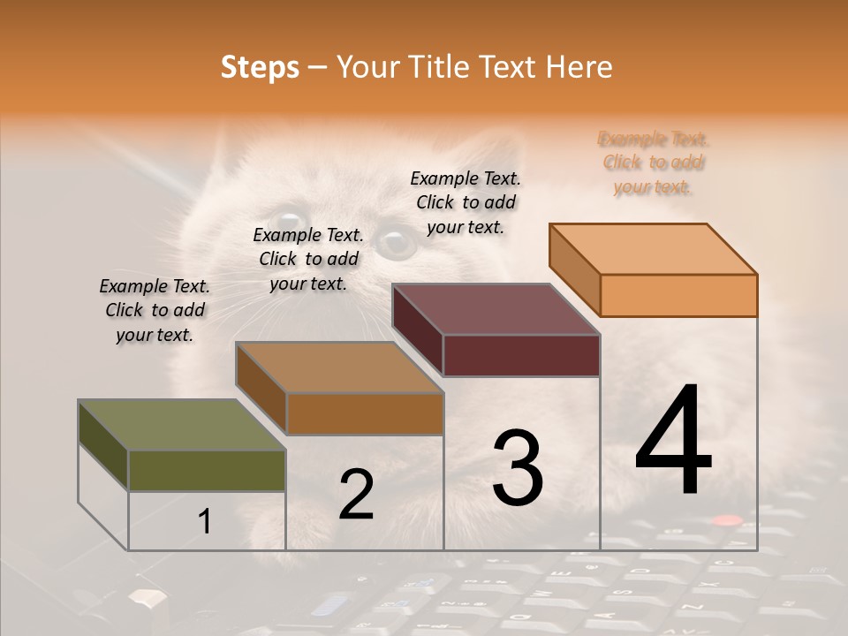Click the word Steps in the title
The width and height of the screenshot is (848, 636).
[x=260, y=67]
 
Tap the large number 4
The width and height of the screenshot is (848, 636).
[x=673, y=442]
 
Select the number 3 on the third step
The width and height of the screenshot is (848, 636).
[x=517, y=468]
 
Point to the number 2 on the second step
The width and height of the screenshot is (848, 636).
[x=356, y=495]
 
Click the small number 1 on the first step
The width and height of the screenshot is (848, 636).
[x=205, y=522]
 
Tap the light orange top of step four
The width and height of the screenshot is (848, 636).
[x=654, y=248]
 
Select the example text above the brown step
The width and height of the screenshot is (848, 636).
[x=308, y=260]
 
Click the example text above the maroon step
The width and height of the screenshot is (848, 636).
[x=466, y=202]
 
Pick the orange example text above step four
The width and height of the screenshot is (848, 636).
[x=654, y=163]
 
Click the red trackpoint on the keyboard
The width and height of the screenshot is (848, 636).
[x=726, y=520]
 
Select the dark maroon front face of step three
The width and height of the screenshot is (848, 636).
[x=521, y=356]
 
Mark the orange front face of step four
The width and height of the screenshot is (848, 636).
[x=678, y=295]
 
